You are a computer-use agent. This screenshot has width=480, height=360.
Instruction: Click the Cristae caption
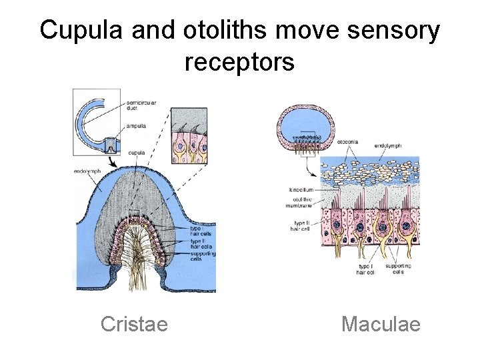[x=134, y=324]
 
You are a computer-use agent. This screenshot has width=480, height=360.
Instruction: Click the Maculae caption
[x=381, y=324]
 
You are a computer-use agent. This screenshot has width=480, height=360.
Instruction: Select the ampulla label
[x=138, y=125]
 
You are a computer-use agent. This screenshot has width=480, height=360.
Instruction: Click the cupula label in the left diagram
[x=137, y=152]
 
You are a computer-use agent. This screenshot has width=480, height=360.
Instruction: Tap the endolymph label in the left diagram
[x=87, y=171]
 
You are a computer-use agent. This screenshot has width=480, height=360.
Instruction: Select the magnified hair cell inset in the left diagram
[x=189, y=135]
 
